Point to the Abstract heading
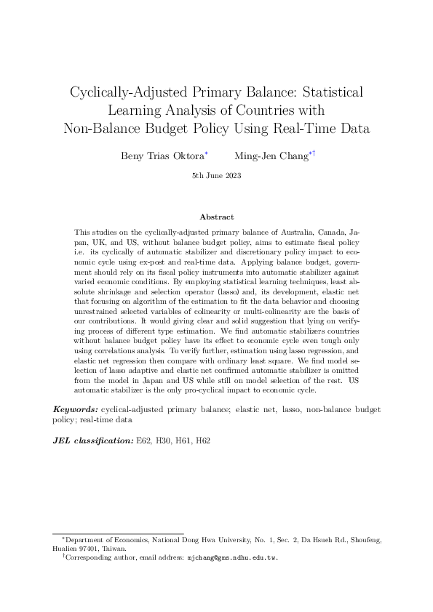pos(216,217)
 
